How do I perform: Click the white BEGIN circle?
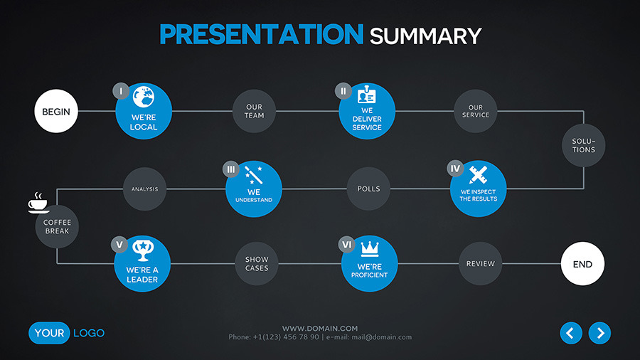[56, 111]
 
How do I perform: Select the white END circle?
[582, 264]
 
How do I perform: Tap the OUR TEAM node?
[254, 111]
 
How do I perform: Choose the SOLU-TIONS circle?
[584, 145]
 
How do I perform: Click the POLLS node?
[368, 189]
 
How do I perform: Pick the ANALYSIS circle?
[144, 189]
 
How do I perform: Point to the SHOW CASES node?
[257, 264]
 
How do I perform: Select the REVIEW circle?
[481, 264]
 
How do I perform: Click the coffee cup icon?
[38, 203]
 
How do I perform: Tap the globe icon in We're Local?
[144, 97]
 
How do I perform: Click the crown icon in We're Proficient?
[370, 248]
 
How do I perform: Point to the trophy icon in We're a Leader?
[142, 250]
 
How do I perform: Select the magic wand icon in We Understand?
[253, 175]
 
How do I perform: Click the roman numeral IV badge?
[455, 168]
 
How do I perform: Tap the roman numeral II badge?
[343, 91]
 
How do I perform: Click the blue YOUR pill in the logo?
[49, 333]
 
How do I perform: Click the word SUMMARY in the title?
[426, 36]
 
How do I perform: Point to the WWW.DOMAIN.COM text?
[320, 328]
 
